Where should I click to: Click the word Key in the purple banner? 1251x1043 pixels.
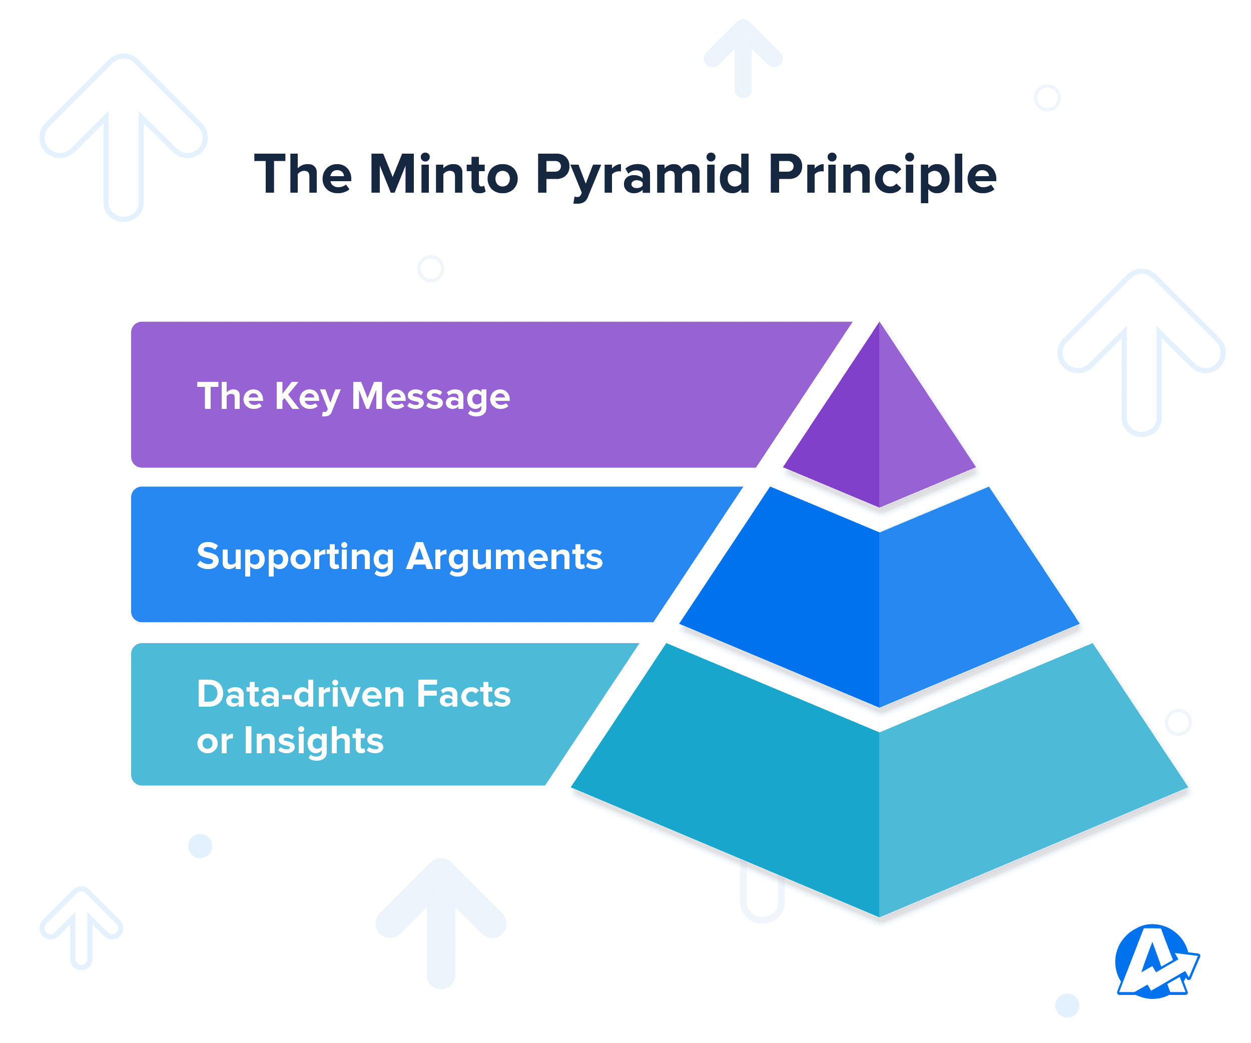coord(307,397)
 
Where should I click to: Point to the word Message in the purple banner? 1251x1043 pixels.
coord(430,397)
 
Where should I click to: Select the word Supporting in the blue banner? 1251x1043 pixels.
coord(295,557)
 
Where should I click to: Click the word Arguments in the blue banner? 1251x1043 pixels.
coord(504,557)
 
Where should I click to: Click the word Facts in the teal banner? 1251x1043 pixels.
coord(463,694)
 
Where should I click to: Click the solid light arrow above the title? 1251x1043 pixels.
coord(743,57)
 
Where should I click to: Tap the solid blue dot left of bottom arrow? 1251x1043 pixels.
coord(200,846)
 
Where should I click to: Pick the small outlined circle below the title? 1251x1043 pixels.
coord(431,269)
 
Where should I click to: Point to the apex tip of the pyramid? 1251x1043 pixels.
coord(879,325)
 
